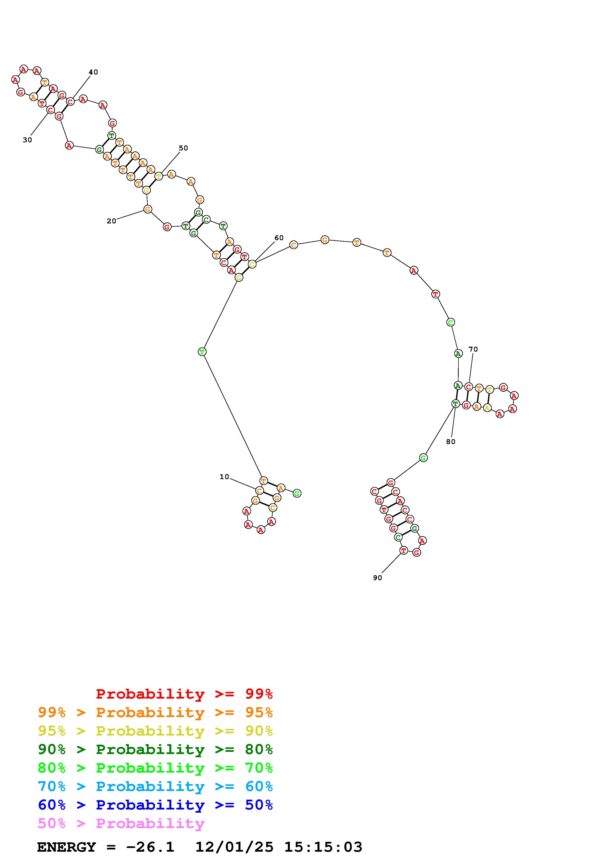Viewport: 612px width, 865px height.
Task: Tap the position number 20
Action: [111, 221]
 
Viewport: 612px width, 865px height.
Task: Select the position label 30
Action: [27, 140]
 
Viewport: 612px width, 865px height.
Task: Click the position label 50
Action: [183, 148]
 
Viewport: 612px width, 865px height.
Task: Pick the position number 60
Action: [279, 238]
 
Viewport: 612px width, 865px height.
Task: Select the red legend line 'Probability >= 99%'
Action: [184, 694]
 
